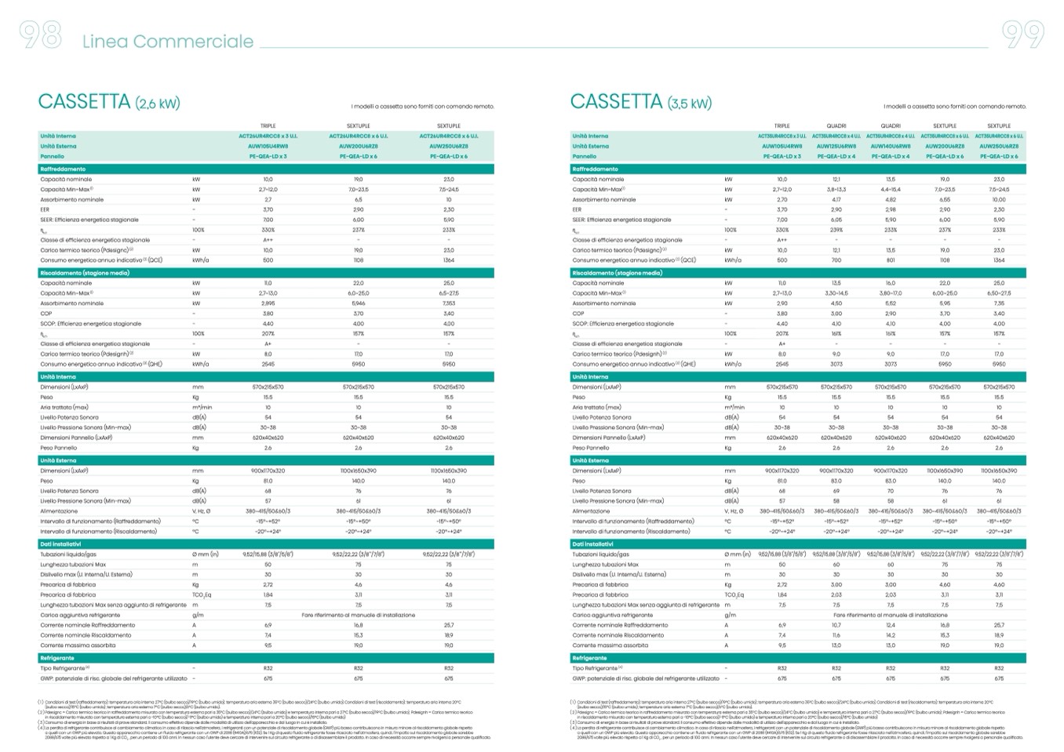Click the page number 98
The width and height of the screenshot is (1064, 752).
tap(40, 35)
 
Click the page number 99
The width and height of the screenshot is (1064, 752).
tap(1023, 35)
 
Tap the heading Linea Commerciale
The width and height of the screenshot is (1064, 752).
tap(168, 42)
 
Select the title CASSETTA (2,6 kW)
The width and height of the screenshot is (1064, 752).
tap(109, 102)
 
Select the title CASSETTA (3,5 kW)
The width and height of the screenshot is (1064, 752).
tap(641, 102)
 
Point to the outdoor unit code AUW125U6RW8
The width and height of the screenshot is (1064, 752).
tap(836, 147)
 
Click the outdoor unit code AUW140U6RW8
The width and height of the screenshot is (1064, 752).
tap(891, 147)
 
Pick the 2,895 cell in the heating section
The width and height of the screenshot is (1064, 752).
tap(268, 303)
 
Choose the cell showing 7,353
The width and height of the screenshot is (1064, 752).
tap(449, 303)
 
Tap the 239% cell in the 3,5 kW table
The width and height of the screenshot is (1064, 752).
tap(836, 231)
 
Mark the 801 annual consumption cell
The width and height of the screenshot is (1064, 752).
tap(891, 260)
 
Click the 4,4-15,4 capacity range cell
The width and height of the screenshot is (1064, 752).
tap(891, 190)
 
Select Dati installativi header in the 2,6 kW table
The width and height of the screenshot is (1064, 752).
tap(64, 543)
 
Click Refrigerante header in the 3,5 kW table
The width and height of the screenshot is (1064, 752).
tap(590, 658)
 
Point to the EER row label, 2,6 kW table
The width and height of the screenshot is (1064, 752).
tap(47, 210)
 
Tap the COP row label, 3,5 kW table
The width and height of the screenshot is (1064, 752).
tap(578, 314)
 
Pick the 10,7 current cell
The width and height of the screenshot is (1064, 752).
tap(836, 625)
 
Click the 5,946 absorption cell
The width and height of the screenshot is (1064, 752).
tap(359, 303)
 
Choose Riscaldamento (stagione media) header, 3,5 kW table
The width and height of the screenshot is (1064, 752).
tap(618, 273)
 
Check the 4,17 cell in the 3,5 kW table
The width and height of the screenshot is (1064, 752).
tap(836, 200)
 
